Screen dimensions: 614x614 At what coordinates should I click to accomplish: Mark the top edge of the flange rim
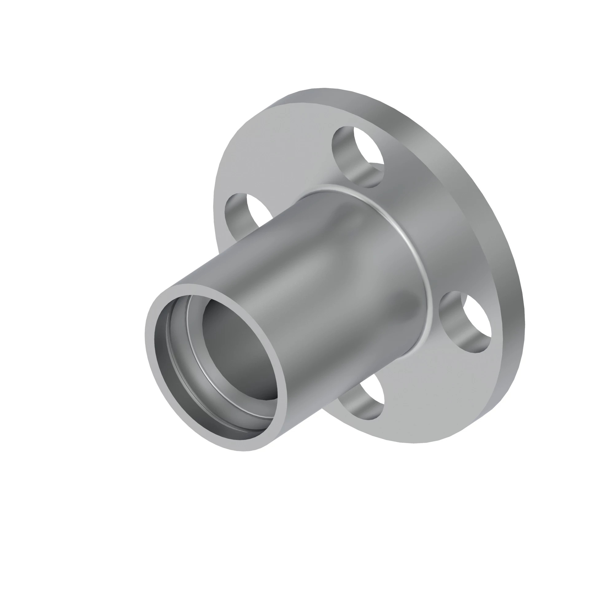(324, 91)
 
